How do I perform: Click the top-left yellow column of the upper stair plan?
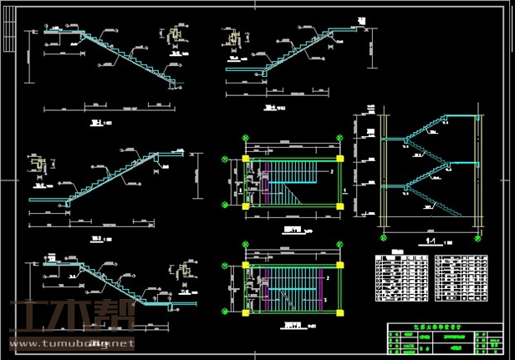[x=245, y=157]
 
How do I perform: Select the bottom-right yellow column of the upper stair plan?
[x=341, y=205]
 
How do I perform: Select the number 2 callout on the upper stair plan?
[x=332, y=171]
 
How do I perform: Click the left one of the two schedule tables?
[x=400, y=279]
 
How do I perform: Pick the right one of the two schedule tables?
[x=460, y=279]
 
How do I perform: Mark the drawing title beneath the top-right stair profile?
[x=270, y=108]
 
